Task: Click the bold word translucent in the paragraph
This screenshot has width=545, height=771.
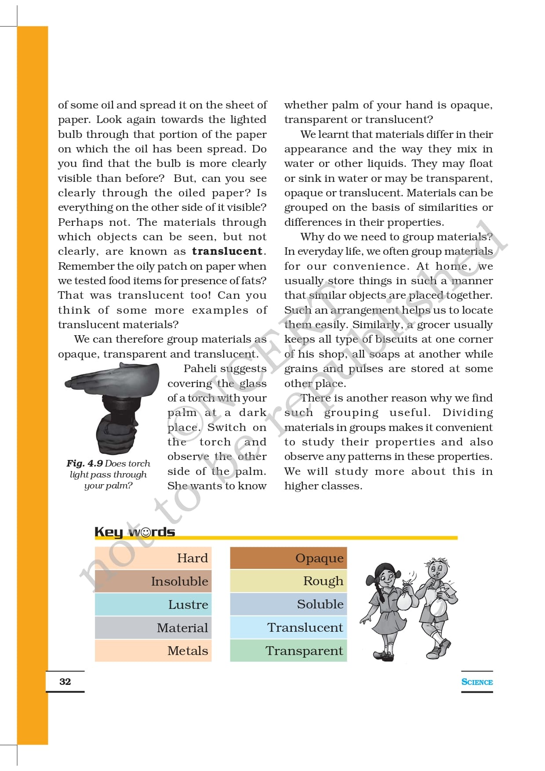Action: [x=227, y=251]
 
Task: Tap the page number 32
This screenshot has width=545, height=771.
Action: [x=65, y=681]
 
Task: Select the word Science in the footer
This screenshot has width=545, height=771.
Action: [x=477, y=682]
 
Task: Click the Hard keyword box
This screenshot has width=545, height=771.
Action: [x=153, y=558]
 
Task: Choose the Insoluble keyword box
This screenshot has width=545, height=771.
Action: [x=153, y=581]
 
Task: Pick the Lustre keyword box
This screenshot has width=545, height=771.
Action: [x=153, y=604]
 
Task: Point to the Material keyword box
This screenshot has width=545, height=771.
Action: [x=153, y=628]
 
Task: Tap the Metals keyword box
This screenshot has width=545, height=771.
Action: [x=153, y=651]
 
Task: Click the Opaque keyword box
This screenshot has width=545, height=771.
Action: [x=288, y=558]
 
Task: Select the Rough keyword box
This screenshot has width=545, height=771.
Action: [x=288, y=581]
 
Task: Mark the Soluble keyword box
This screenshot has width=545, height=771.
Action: [x=288, y=604]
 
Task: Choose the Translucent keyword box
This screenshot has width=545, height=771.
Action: [x=288, y=627]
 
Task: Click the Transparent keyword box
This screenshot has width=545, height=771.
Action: [x=288, y=651]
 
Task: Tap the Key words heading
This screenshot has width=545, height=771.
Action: [x=134, y=532]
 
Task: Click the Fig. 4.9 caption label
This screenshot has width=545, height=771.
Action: [x=85, y=463]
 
